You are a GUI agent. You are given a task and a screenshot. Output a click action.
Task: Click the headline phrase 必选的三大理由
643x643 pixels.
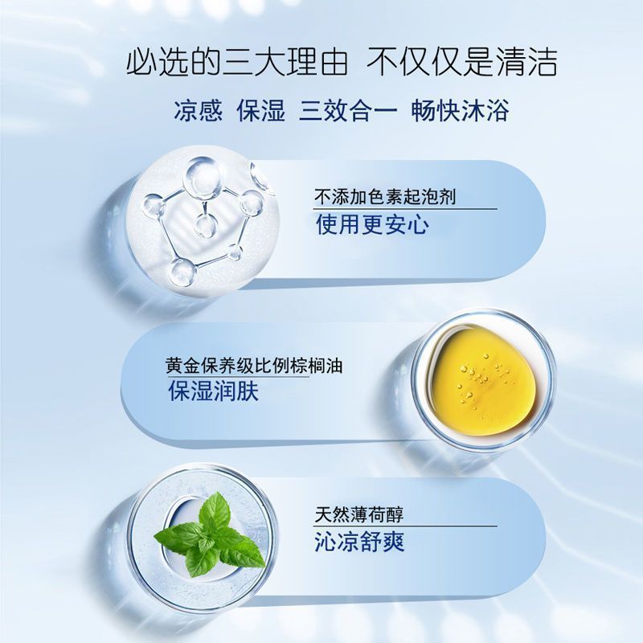[x=237, y=63]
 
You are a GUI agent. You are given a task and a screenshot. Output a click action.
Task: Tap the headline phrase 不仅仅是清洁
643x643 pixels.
[x=461, y=63]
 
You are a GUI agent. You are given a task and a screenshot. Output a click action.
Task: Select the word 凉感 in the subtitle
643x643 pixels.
[x=199, y=110]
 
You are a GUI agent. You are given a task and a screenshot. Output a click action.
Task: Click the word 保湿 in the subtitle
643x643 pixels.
[x=260, y=110]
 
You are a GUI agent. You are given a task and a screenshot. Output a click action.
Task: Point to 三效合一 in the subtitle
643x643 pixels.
[x=348, y=110]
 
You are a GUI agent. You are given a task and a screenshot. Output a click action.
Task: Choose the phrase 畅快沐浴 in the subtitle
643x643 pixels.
[x=460, y=110]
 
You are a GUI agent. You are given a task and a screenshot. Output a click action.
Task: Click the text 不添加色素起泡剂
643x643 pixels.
[x=385, y=197]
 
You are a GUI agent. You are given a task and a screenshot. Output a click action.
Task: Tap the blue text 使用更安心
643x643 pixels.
[x=373, y=224]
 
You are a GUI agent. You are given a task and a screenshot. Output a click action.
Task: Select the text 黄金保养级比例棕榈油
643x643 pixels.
[x=254, y=366]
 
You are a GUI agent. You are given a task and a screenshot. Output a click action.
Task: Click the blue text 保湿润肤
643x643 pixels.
[x=214, y=391]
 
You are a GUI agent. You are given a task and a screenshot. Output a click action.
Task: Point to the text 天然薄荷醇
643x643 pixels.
[x=359, y=514]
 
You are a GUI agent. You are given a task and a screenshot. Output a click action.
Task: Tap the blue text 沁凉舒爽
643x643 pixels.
[x=359, y=542]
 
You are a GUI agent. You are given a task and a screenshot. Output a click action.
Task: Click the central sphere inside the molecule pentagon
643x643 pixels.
[x=206, y=227]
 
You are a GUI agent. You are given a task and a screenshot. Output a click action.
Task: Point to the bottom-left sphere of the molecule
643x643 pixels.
[x=182, y=272]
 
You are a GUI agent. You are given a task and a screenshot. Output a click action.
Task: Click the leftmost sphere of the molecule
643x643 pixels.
[x=154, y=206]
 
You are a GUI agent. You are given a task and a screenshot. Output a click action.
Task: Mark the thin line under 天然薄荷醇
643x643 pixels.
[x=405, y=526]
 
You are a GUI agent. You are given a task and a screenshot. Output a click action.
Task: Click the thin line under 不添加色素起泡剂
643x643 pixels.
[x=405, y=209]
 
